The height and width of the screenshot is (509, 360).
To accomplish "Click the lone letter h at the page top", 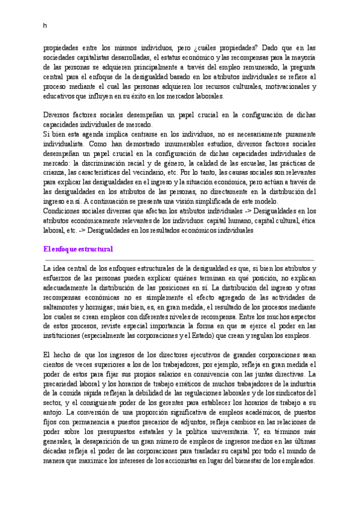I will click(45, 26).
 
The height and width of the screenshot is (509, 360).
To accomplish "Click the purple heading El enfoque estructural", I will click(79, 249).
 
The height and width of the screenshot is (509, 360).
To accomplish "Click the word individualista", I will click(67, 145).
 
